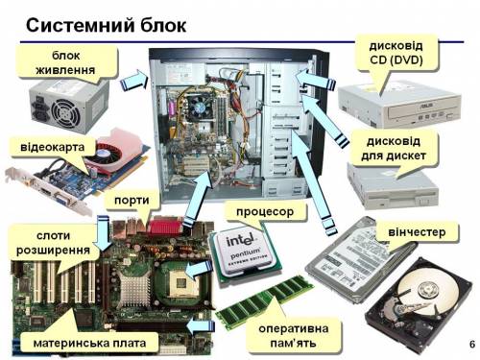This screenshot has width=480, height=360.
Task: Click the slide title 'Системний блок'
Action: coord(106,25)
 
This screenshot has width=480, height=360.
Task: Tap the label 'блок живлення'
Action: coord(65,62)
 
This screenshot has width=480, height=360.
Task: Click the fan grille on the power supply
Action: coord(65,111)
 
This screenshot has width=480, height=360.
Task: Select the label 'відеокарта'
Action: coord(53,147)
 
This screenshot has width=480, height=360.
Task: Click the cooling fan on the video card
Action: coord(105,155)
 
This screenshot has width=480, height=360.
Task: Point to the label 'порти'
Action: coord(132,201)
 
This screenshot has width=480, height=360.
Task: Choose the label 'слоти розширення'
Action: coord(53,243)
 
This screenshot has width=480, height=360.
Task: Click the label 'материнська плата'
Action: coord(89,343)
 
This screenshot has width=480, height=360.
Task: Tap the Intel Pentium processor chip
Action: coord(245,253)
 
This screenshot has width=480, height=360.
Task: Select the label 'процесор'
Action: coord(265,212)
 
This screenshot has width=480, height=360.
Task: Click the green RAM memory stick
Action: coord(264,302)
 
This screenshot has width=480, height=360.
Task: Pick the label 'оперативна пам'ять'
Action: coord(294,336)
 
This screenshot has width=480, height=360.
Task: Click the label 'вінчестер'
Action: coord(417,232)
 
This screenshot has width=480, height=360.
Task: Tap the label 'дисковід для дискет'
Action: coord(394,149)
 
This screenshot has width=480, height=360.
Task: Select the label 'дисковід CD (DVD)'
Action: coord(396,53)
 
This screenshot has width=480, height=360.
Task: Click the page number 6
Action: coord(472,345)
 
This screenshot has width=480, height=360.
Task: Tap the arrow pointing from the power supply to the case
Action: coord(134,80)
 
